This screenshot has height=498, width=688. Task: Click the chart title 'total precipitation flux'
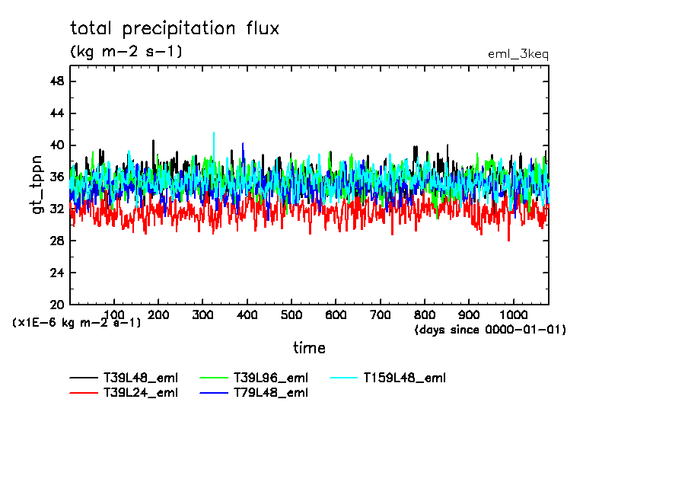coord(175,29)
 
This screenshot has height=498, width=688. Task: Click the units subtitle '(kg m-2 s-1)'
coord(126,52)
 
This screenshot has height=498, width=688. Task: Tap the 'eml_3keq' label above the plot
coord(518,54)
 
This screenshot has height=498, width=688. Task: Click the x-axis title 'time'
coord(309,348)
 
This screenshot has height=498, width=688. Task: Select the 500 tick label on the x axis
coord(291,314)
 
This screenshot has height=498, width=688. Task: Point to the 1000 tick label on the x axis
coord(514,314)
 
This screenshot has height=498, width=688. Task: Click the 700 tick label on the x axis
coord(381,314)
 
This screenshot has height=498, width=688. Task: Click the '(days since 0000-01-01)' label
coord(490,330)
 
